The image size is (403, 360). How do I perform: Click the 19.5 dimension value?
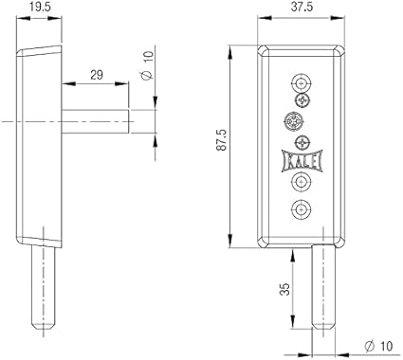click(40, 7)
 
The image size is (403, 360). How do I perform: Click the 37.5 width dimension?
click(302, 7)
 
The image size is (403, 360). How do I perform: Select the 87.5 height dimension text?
click(222, 139)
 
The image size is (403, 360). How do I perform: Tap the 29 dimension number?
click(97, 75)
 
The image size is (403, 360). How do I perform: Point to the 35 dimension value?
click(285, 289)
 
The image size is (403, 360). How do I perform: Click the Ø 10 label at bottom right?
click(378, 347)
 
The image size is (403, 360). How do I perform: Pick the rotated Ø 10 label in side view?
click(147, 64)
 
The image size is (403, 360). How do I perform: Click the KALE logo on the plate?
click(302, 161)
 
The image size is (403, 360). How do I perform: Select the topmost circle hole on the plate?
click(302, 83)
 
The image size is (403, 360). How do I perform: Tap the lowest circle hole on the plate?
click(302, 209)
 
